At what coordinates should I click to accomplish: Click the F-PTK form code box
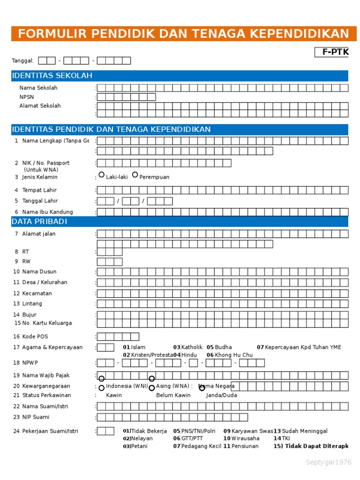click(331, 52)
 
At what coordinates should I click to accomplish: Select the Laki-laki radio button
click(101, 175)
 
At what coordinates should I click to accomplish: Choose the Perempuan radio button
click(135, 175)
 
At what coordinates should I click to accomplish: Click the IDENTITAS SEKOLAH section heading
click(52, 76)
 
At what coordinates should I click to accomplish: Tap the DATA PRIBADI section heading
click(39, 221)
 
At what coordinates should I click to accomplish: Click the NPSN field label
click(27, 97)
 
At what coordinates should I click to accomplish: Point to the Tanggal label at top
click(22, 60)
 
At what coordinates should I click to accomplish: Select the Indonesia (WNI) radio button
click(101, 388)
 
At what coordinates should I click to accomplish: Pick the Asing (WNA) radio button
click(151, 388)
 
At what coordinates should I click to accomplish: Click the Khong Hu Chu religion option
click(233, 355)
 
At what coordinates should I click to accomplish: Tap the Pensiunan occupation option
click(245, 446)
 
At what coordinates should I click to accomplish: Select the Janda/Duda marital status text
click(221, 395)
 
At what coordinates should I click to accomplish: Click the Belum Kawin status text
click(173, 395)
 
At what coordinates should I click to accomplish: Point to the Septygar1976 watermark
click(328, 462)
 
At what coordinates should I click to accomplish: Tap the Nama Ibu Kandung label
click(47, 212)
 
